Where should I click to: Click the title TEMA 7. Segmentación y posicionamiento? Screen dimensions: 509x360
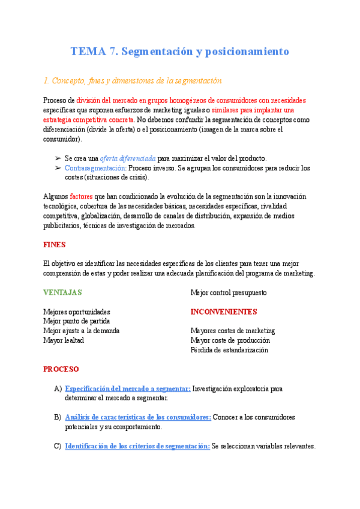(x=179, y=51)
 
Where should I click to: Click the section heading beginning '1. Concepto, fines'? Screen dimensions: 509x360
(x=133, y=80)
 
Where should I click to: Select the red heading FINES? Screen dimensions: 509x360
(x=54, y=245)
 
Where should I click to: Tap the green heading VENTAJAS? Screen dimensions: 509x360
(x=62, y=293)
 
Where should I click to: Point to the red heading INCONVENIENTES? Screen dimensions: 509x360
(x=223, y=312)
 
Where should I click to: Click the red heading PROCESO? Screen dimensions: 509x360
(x=61, y=369)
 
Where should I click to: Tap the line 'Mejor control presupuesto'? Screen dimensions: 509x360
(x=229, y=293)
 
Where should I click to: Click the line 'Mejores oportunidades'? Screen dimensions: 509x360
(x=77, y=312)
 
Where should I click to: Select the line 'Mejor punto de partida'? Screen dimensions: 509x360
(x=76, y=321)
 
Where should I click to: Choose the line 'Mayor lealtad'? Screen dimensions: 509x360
(x=64, y=340)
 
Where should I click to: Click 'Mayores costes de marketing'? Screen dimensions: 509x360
(x=233, y=331)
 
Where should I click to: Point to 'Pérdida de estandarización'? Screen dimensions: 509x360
(x=229, y=350)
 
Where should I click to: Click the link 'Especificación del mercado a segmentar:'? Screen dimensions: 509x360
(x=127, y=388)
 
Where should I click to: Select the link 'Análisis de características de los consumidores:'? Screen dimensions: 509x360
(x=137, y=417)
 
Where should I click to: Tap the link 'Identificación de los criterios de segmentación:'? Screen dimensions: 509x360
(x=137, y=446)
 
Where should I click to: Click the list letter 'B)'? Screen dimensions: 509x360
(x=58, y=417)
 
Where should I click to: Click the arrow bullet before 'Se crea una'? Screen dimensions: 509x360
(x=58, y=158)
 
